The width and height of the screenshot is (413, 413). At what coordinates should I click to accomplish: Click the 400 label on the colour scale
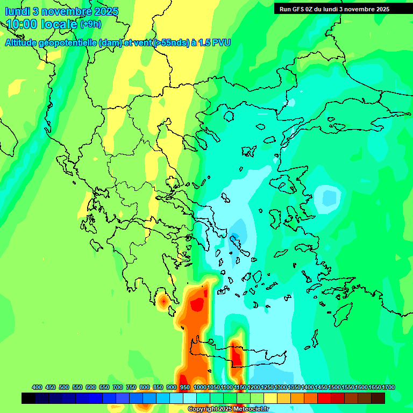(x=37, y=387)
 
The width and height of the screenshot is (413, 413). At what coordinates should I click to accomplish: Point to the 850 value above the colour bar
(x=158, y=387)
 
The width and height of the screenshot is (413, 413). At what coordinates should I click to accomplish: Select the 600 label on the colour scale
(x=91, y=387)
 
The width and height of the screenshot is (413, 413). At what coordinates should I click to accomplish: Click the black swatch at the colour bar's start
(x=29, y=398)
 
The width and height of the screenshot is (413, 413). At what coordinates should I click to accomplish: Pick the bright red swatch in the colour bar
(x=324, y=398)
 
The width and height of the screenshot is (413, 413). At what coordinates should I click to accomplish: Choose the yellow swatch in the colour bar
(x=270, y=398)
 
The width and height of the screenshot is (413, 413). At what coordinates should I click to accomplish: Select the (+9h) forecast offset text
(x=90, y=24)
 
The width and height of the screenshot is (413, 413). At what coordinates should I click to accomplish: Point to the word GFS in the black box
(x=298, y=9)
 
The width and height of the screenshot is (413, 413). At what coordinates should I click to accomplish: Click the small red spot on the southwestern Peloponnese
(x=163, y=302)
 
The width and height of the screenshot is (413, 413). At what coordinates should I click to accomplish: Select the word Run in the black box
(x=285, y=9)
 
